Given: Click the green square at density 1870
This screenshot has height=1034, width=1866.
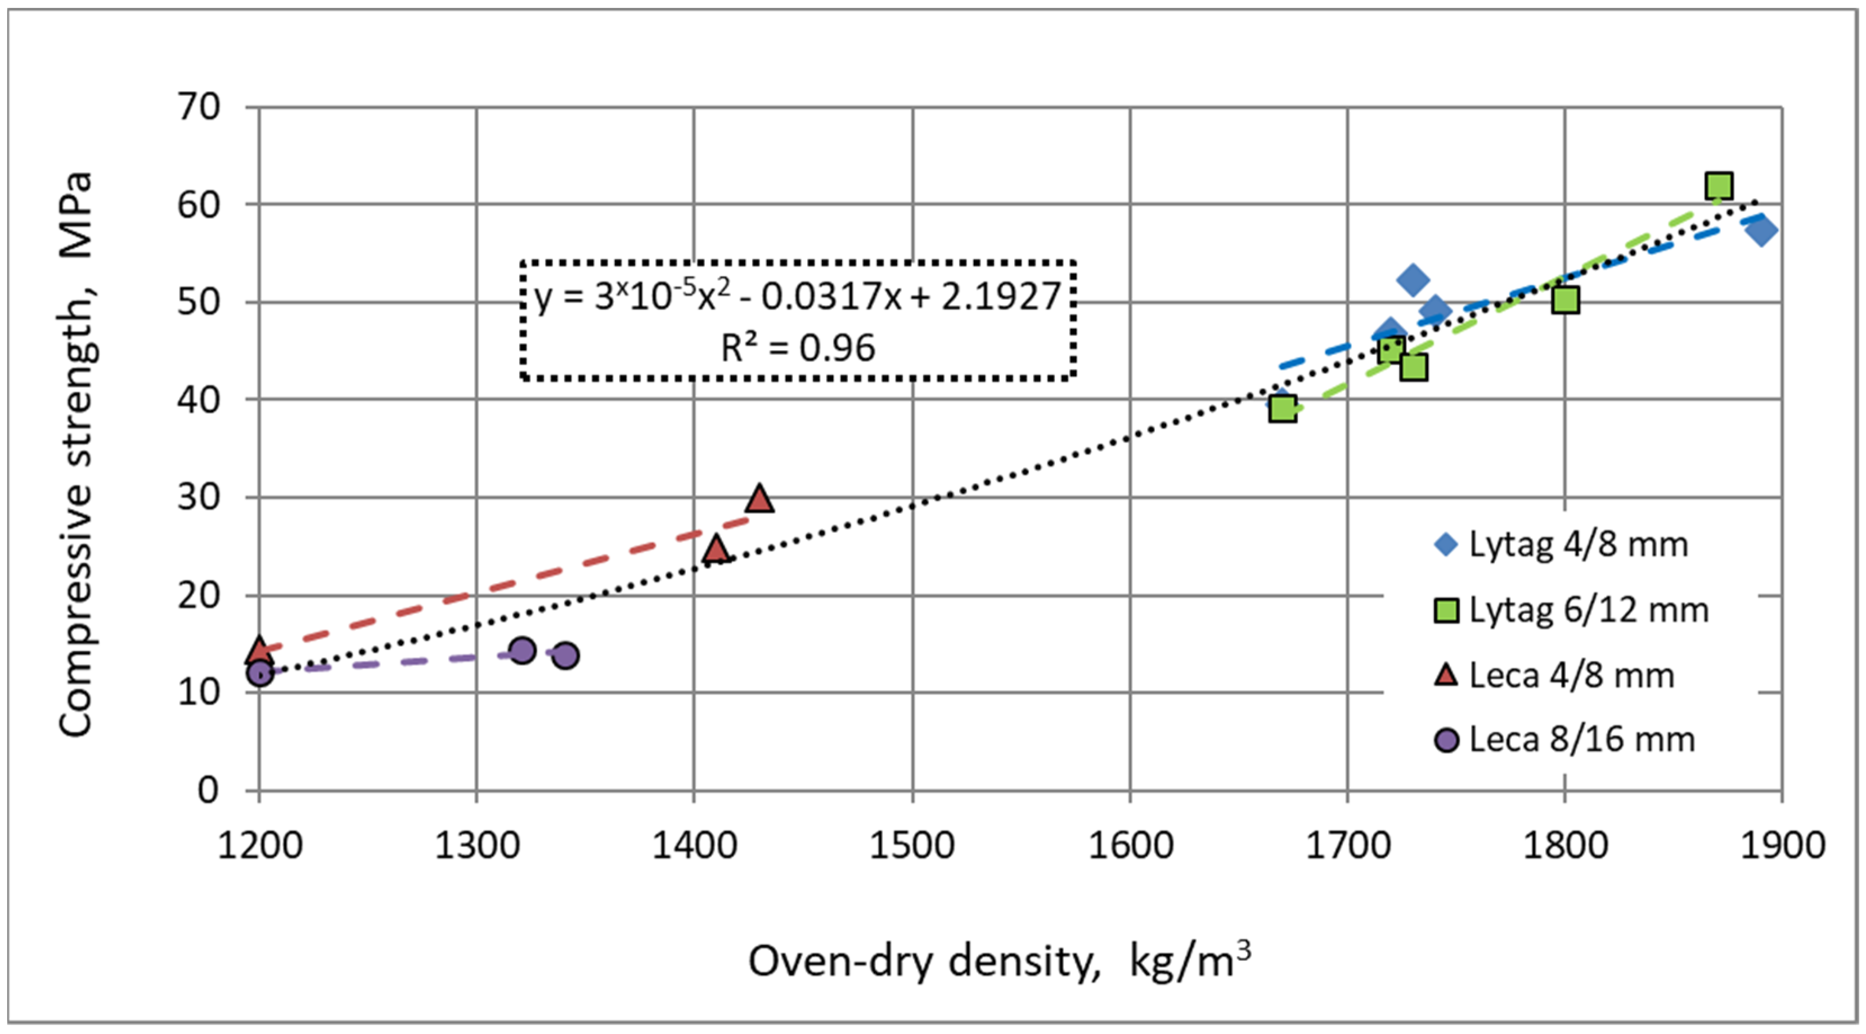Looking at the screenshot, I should (1718, 186).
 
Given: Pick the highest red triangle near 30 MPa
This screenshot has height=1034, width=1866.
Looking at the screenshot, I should (759, 499).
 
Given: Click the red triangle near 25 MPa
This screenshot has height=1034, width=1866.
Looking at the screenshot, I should (716, 550).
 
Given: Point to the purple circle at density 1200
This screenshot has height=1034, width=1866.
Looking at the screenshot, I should (259, 673).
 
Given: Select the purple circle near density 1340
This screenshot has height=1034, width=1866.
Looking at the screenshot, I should (566, 656).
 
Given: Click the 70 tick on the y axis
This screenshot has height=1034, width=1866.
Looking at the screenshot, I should (199, 108).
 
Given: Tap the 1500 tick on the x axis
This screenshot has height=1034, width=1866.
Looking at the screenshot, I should (912, 845).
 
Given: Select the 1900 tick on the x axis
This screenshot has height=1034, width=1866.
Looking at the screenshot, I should (1782, 845).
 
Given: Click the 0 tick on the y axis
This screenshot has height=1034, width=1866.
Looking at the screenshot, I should (208, 790).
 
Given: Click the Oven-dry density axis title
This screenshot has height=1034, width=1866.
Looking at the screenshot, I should (999, 961).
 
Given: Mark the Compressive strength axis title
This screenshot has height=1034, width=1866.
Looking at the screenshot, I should (76, 453).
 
